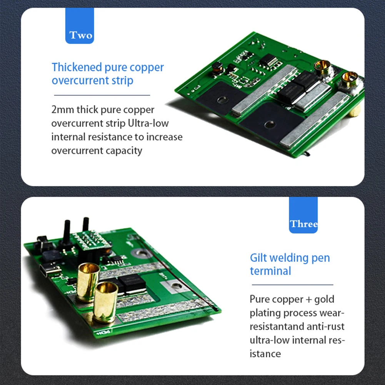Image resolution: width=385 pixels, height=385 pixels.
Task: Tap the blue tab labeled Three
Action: (303, 215)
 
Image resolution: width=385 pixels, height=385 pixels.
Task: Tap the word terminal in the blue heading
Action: (270, 271)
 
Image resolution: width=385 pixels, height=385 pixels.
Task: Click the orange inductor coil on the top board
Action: (217, 68)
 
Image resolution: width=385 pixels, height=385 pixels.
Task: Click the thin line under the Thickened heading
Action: (102, 95)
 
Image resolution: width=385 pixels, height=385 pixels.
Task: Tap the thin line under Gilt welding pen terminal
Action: (292, 285)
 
